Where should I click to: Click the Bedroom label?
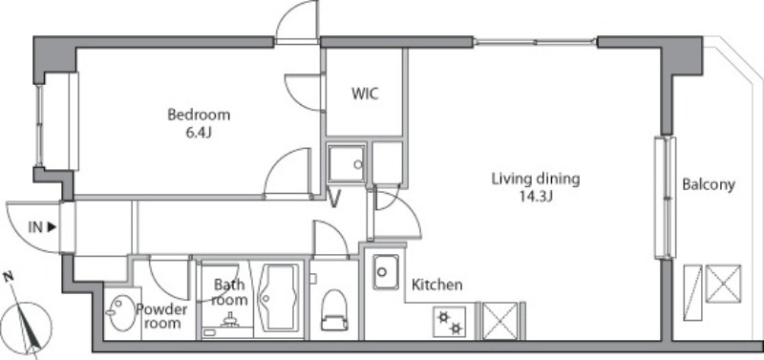[x=199, y=116]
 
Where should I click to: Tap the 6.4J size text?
[x=199, y=133]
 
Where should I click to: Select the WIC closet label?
[x=365, y=94]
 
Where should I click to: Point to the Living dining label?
[x=536, y=180]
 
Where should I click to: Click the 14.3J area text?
[x=536, y=197]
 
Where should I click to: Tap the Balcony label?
[x=709, y=184]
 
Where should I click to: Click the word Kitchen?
[x=437, y=285]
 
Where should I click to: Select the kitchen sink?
[x=386, y=272]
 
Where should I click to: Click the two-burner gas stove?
[x=449, y=322]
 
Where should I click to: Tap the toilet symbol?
[x=334, y=310]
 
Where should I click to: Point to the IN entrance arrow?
[x=42, y=227]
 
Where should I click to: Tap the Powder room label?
[x=161, y=316]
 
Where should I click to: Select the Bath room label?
[x=228, y=292]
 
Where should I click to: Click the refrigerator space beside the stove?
[x=499, y=321]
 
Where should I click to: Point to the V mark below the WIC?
[x=334, y=200]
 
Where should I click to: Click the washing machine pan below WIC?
[x=347, y=164]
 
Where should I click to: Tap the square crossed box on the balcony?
[x=723, y=284]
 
